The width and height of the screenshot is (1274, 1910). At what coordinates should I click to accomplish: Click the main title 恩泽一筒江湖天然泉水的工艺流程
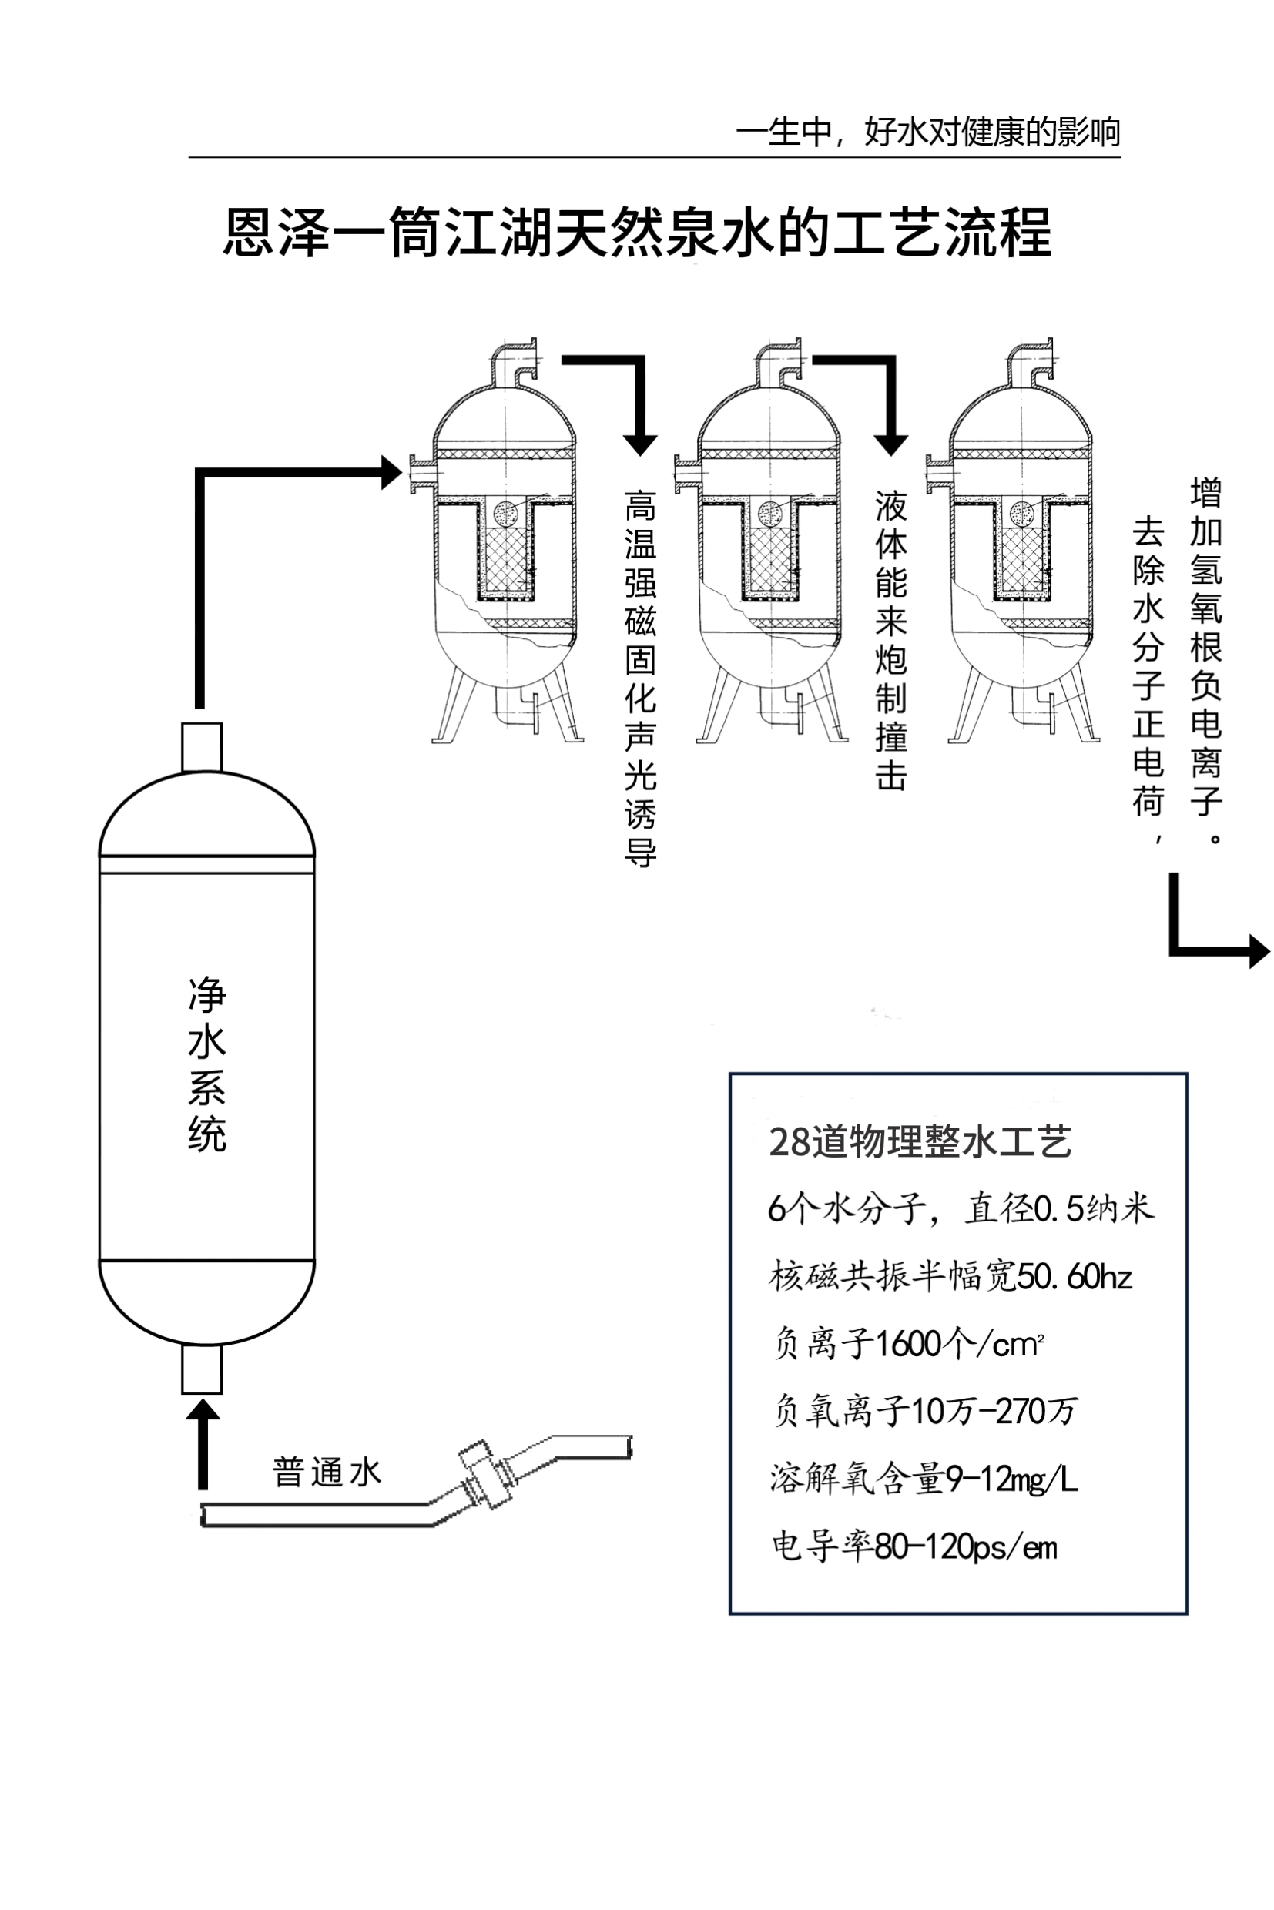(637, 233)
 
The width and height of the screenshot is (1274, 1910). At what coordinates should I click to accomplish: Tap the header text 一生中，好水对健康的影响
(927, 132)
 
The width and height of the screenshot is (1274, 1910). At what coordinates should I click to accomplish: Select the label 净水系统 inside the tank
(206, 1064)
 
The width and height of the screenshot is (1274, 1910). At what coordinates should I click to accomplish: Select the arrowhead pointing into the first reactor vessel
(392, 472)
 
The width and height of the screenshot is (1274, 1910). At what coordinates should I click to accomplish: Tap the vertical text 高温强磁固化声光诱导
(640, 679)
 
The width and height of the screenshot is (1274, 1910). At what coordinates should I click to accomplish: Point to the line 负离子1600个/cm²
(907, 1345)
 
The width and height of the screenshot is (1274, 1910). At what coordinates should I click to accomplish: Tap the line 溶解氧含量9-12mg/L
(923, 1479)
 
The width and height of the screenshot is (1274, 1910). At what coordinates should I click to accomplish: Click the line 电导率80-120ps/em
(914, 1546)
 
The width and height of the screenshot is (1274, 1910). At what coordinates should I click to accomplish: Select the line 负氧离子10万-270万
(924, 1411)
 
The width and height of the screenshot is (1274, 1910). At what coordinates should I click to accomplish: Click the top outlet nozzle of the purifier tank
(202, 746)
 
